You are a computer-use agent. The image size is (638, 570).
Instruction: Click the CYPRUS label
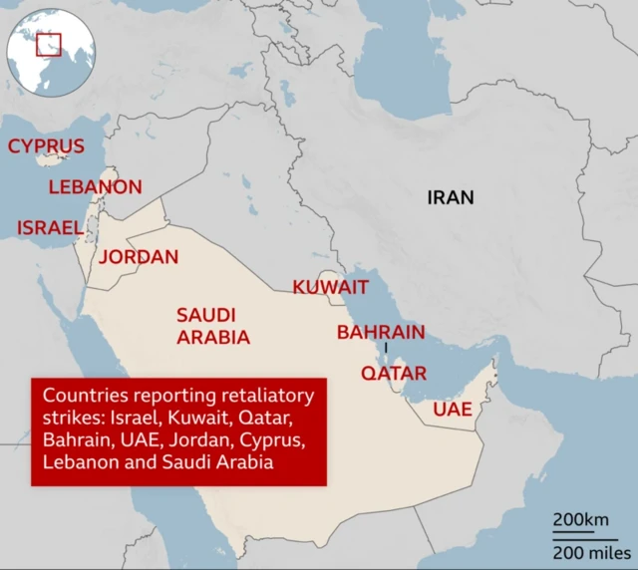click(x=46, y=146)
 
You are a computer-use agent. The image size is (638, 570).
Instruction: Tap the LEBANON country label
click(x=95, y=187)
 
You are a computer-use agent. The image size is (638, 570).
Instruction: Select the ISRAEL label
click(x=49, y=228)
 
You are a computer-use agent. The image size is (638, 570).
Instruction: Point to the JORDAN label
click(x=139, y=257)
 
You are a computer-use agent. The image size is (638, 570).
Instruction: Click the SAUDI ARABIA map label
click(x=212, y=326)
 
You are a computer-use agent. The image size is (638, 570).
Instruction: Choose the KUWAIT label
click(x=330, y=287)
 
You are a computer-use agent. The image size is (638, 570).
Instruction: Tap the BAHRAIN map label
click(x=381, y=332)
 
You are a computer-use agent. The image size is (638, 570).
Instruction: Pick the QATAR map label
click(x=393, y=374)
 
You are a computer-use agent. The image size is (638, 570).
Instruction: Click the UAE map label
click(x=452, y=410)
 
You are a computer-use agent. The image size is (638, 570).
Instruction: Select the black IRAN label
click(x=451, y=197)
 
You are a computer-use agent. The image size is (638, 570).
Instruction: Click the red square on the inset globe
click(x=49, y=44)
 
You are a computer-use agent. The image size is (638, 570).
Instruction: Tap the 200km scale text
click(x=581, y=521)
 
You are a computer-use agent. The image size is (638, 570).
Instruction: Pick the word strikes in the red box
click(x=68, y=418)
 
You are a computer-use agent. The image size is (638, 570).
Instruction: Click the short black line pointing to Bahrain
click(x=386, y=348)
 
